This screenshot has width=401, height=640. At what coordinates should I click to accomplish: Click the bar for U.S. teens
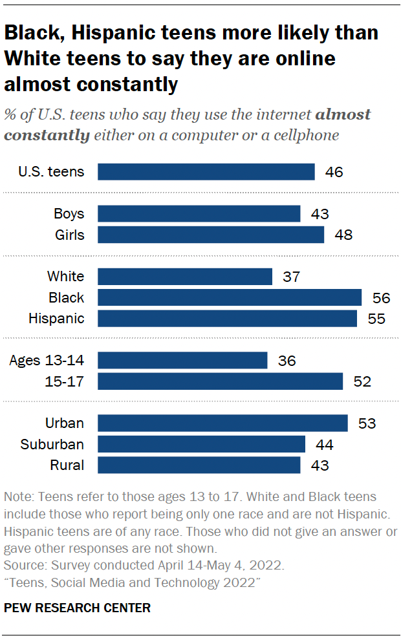(x=206, y=171)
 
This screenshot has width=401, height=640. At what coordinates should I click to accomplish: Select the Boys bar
(x=199, y=214)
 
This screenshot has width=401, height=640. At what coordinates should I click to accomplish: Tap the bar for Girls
(x=210, y=235)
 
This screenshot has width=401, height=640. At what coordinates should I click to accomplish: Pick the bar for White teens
(x=184, y=277)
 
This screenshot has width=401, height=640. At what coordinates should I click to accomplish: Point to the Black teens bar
(x=229, y=297)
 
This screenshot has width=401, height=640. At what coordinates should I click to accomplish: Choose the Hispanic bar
(x=227, y=318)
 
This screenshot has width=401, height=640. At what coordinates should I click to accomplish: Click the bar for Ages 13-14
(x=182, y=360)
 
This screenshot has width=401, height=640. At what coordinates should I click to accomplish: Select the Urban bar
(x=222, y=423)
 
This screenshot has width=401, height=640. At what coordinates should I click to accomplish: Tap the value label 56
(x=381, y=297)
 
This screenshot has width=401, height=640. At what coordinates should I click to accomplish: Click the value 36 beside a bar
(x=287, y=360)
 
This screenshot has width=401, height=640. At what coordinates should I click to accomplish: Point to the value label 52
(x=362, y=381)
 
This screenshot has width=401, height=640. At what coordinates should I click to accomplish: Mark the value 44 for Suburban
(x=325, y=444)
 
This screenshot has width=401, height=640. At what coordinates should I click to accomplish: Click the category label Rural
(x=67, y=465)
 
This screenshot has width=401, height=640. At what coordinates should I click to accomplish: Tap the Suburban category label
(x=52, y=444)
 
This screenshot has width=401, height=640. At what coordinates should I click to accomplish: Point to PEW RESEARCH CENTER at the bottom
(x=77, y=608)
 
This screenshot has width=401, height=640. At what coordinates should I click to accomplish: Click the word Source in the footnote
(x=23, y=566)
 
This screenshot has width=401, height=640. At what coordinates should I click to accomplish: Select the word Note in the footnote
(x=17, y=497)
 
